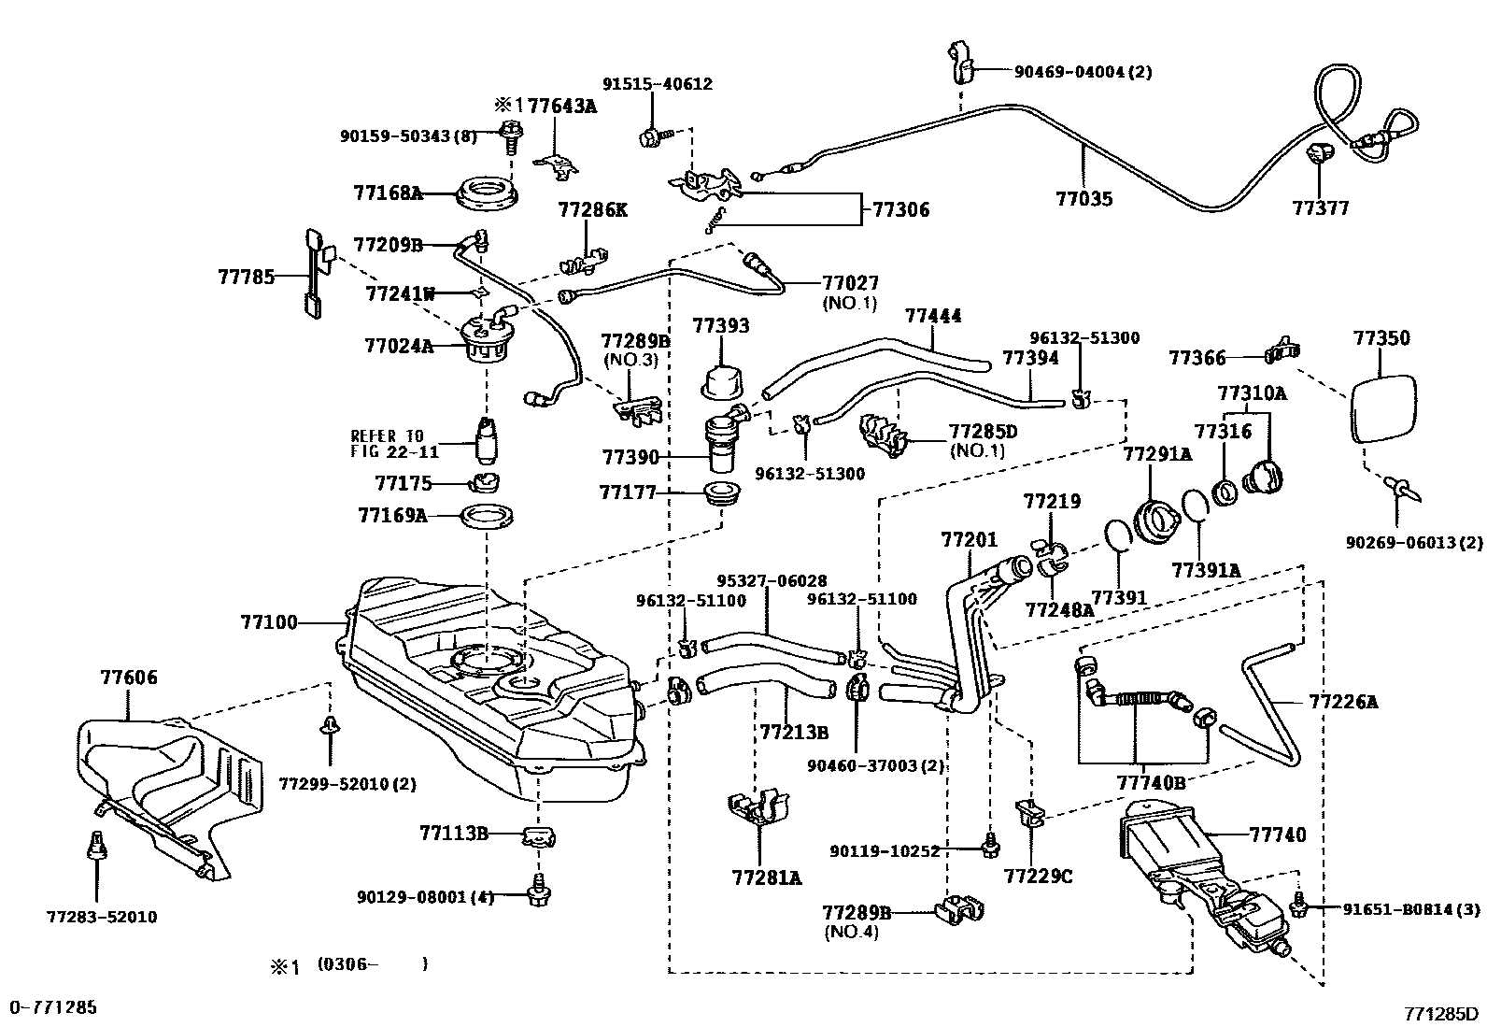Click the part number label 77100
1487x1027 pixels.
(x=269, y=621)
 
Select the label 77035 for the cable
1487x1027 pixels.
(x=1084, y=199)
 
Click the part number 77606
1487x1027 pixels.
(x=129, y=678)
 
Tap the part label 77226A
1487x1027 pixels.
(x=1343, y=701)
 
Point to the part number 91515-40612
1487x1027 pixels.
(x=658, y=84)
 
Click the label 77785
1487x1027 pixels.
(x=247, y=277)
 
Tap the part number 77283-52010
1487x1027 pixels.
(x=102, y=917)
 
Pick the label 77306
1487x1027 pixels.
(x=901, y=210)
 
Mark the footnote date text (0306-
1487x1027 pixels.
(x=347, y=963)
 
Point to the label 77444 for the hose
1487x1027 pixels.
(x=933, y=318)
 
